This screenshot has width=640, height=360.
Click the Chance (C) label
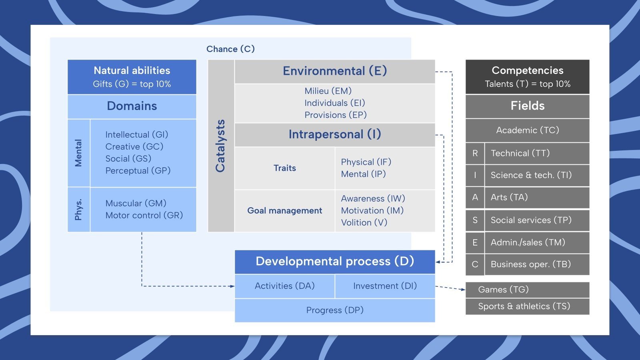coord(230,49)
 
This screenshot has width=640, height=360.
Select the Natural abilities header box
coord(132,77)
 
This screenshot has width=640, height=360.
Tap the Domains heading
coord(132,106)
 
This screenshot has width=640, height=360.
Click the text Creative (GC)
coord(134,146)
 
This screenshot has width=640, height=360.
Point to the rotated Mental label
coord(78,153)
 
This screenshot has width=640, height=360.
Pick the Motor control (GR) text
coord(144,215)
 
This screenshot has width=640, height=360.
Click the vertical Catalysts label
coord(220,146)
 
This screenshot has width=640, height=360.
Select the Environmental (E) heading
coord(335,71)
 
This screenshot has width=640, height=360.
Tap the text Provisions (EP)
coord(335,115)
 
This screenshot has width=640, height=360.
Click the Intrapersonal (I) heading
coord(335,134)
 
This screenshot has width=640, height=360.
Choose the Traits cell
coord(285,168)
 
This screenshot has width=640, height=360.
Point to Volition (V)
coord(364,222)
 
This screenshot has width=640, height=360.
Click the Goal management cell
coord(285,210)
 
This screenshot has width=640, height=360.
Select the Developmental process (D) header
coord(335,262)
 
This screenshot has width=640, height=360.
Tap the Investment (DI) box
coord(385,286)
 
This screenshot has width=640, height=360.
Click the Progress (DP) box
coord(335,310)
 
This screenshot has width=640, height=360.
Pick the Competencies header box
coord(527,77)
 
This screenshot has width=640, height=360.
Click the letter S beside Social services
coord(475,220)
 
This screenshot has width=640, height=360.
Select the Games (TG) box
coord(527,290)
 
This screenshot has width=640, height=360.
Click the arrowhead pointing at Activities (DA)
coord(232,286)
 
